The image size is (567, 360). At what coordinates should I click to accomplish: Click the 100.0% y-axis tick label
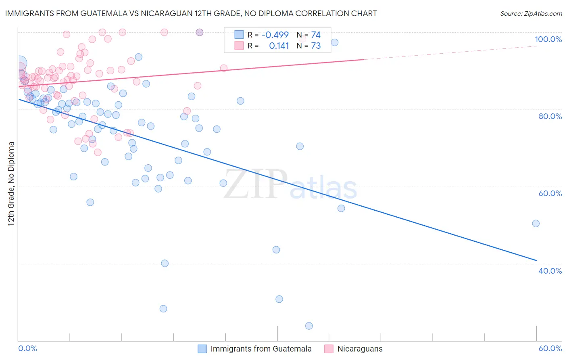[548, 39]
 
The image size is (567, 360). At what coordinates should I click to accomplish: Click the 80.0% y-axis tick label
[550, 116]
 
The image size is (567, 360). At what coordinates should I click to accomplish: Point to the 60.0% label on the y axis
[550, 193]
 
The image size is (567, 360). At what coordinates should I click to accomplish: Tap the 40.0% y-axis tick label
[550, 271]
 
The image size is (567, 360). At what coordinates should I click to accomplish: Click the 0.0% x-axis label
[27, 348]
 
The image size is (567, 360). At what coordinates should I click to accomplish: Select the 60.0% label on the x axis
[550, 348]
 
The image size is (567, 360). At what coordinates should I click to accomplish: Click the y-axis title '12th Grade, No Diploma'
[11, 184]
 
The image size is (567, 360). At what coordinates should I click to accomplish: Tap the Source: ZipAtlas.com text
[531, 13]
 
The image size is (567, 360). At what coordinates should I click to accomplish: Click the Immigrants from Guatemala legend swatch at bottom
[202, 349]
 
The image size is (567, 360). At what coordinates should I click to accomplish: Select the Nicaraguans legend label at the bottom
[360, 349]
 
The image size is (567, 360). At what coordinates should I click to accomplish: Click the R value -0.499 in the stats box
[275, 35]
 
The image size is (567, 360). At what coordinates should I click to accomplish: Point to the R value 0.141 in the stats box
[279, 46]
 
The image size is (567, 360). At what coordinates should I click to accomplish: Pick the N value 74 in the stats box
[316, 35]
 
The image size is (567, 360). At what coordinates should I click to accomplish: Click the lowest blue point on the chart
[309, 326]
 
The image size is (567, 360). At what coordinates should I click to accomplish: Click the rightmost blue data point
[536, 224]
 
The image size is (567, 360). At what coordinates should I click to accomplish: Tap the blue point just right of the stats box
[334, 42]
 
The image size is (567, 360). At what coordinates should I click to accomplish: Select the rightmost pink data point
[223, 68]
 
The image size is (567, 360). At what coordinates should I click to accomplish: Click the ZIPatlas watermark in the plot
[290, 185]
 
